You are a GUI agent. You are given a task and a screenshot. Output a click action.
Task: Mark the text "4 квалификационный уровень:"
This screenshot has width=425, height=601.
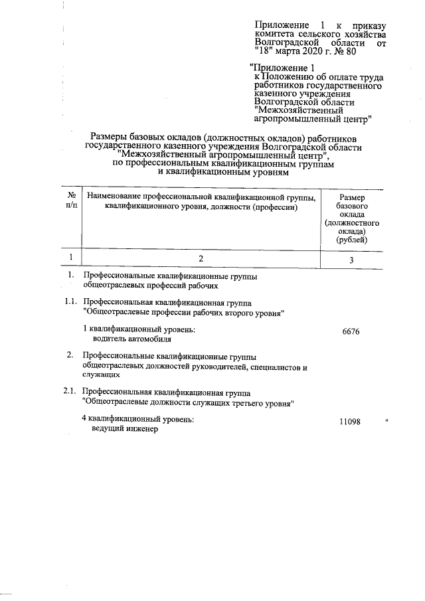(x=137, y=420)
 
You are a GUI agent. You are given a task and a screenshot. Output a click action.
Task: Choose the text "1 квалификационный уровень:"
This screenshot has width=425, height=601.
(x=139, y=329)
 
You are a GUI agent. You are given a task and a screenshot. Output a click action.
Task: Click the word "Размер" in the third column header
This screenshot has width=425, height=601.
(x=351, y=198)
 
